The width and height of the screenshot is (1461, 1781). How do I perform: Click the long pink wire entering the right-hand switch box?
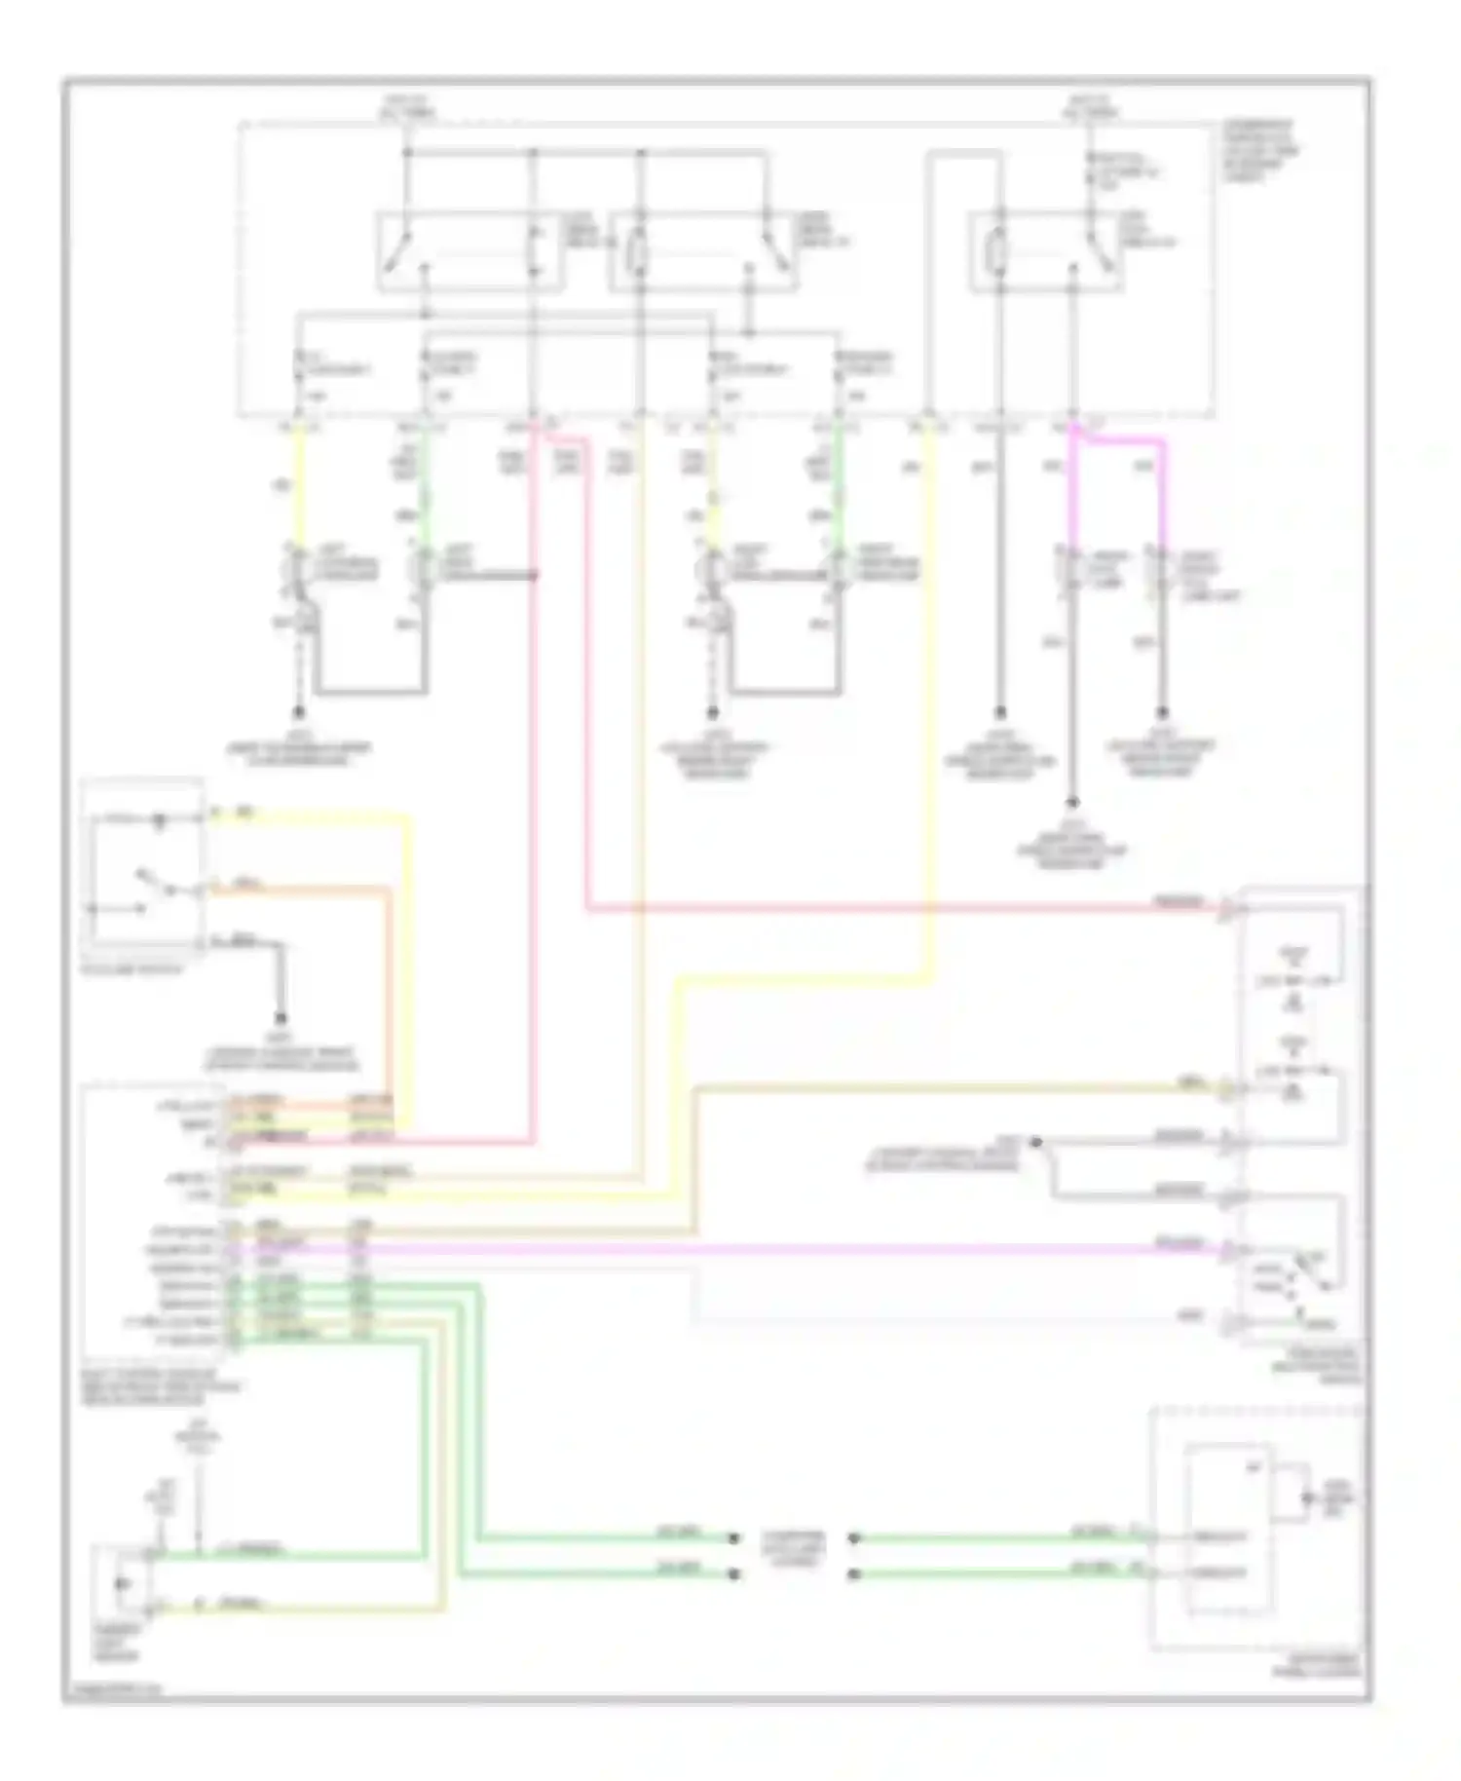coord(877,910)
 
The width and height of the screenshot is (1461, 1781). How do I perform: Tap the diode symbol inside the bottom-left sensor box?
coord(123,1582)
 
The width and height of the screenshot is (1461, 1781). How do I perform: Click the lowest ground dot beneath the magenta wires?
coord(1072,803)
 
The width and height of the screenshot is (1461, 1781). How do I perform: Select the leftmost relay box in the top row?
coord(468,250)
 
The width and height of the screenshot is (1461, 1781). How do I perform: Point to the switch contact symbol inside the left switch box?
coord(146,882)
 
